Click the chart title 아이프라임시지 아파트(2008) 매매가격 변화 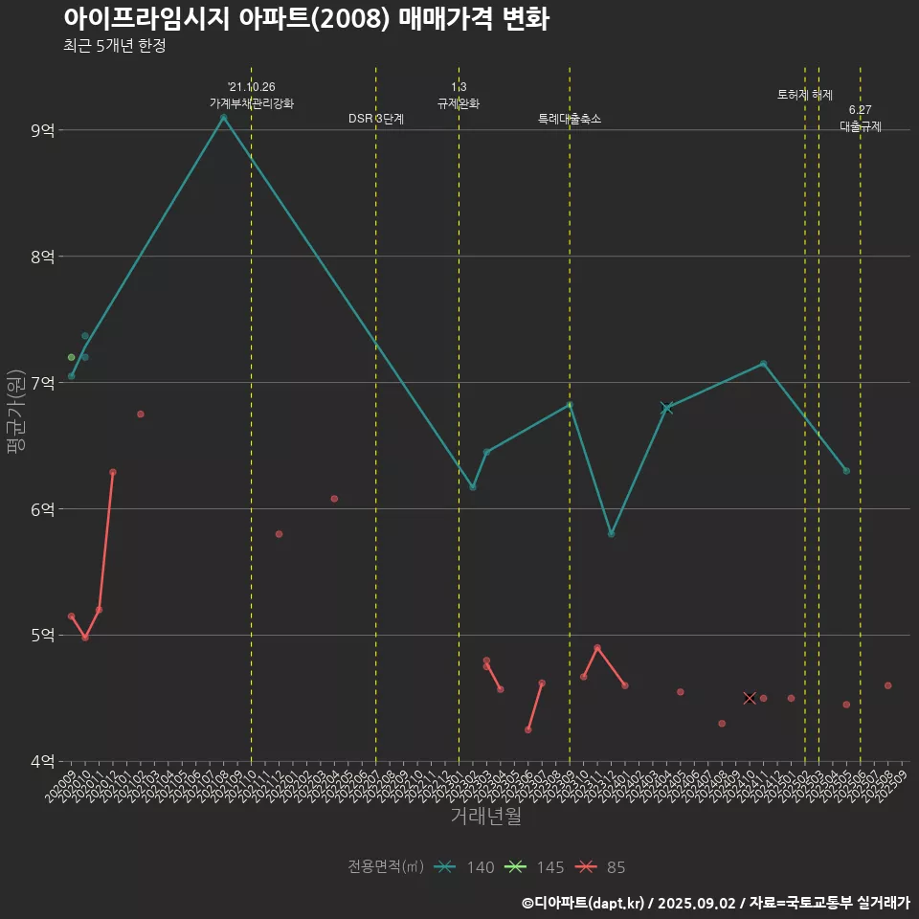point(306,19)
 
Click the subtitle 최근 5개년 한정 point(115,46)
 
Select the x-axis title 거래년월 point(485,817)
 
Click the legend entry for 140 point(464,867)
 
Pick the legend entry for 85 point(600,867)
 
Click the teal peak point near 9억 point(223,118)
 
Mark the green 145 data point point(71,357)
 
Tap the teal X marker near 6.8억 point(667,409)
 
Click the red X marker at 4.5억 point(750,698)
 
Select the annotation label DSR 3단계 point(376,119)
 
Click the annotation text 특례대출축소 point(570,119)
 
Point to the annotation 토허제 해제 point(805,95)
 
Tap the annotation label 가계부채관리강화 point(252,102)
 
